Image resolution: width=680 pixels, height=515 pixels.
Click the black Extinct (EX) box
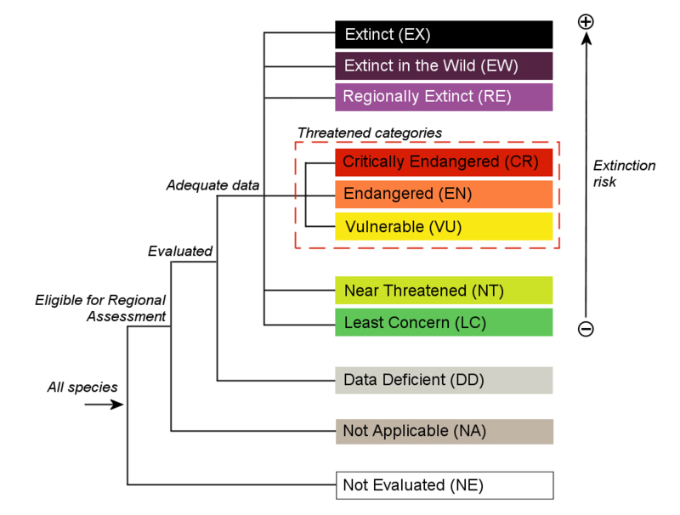(444, 35)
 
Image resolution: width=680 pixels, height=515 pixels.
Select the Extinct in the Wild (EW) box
(444, 65)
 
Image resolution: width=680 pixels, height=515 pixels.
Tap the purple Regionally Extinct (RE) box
(444, 97)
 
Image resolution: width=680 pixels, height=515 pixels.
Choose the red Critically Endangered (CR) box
(444, 161)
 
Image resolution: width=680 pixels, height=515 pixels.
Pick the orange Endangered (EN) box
(444, 194)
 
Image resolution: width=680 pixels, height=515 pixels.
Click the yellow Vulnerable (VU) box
(444, 226)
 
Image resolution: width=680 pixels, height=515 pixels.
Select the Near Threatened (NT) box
(444, 291)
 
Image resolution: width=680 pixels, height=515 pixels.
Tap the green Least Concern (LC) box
(444, 323)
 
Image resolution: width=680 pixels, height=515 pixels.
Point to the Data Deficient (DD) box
(444, 380)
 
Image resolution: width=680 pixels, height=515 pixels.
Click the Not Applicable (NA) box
(444, 431)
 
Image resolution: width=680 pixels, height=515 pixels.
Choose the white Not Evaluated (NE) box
(444, 485)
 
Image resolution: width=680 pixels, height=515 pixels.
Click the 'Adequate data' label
(213, 184)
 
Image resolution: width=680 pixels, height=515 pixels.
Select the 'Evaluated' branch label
(179, 251)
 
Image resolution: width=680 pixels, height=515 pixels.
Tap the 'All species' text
(82, 388)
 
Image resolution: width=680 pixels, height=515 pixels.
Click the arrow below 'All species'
(104, 405)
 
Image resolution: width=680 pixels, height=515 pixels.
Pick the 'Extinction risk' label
(624, 173)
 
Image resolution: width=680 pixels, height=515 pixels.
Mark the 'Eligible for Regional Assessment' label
(100, 308)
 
